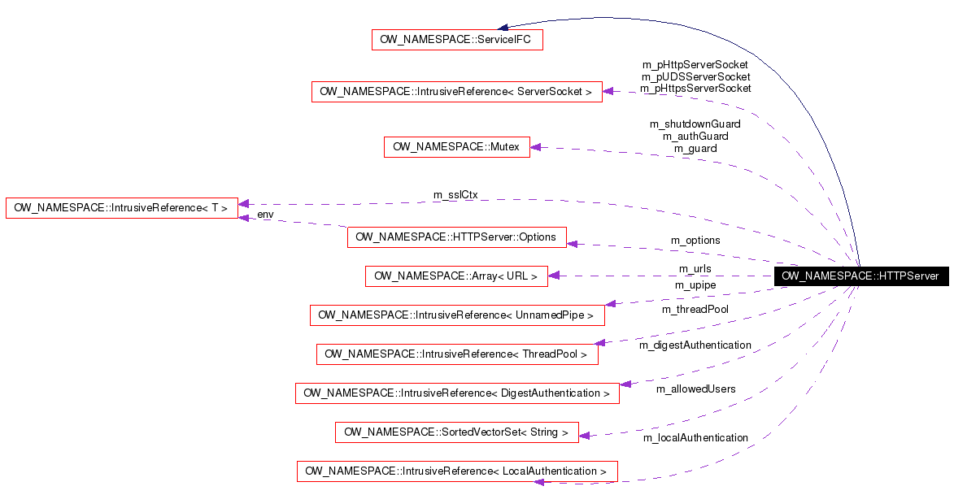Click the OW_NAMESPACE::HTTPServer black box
tap(860, 276)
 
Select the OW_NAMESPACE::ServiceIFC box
tap(457, 40)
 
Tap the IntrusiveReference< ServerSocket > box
tap(456, 92)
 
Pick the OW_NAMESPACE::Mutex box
tap(456, 147)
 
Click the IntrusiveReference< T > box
tap(122, 208)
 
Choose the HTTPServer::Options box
tap(456, 237)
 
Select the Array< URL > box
tap(456, 276)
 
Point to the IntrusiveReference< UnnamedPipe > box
tap(457, 315)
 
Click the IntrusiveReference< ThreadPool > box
tap(457, 354)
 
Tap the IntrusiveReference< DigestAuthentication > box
tap(456, 393)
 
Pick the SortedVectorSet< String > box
tap(456, 432)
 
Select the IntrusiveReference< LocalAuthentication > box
tap(456, 471)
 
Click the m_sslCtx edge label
tap(455, 195)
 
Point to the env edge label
tap(265, 215)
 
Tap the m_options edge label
tap(695, 241)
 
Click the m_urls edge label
tap(695, 269)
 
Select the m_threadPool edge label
tap(695, 310)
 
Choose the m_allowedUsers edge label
tap(695, 389)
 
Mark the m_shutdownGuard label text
tap(695, 124)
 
